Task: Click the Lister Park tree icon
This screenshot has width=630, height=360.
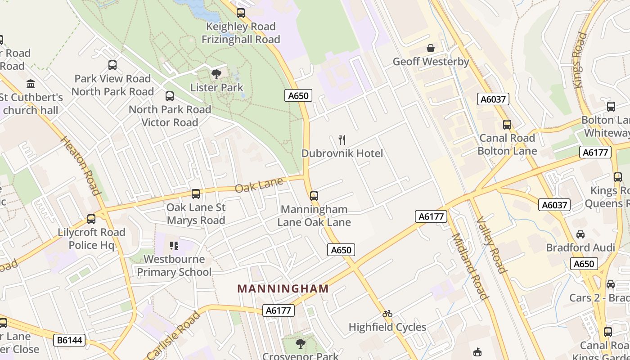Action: click(x=216, y=74)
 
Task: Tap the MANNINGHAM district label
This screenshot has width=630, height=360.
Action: click(x=283, y=289)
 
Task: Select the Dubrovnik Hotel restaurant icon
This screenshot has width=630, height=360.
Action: click(x=342, y=140)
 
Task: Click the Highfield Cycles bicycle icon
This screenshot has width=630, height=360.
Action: click(x=387, y=313)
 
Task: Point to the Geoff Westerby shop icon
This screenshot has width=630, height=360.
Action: click(x=431, y=48)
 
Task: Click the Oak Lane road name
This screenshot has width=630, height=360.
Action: click(x=259, y=184)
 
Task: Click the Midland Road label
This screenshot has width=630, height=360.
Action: click(x=469, y=266)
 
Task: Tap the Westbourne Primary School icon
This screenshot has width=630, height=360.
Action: click(x=174, y=246)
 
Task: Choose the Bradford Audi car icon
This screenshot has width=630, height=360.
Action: click(x=580, y=234)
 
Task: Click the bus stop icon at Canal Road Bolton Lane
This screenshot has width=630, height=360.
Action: click(x=507, y=125)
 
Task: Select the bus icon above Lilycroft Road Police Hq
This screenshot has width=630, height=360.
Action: click(x=91, y=219)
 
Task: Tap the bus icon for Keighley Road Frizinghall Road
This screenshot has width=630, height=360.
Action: click(x=241, y=13)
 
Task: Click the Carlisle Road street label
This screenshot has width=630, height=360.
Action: click(x=173, y=335)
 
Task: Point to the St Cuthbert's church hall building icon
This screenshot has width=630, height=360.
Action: click(x=31, y=84)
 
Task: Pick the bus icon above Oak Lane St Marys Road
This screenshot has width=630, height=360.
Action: click(x=196, y=194)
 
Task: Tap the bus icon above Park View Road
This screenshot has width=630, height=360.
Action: click(x=112, y=65)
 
